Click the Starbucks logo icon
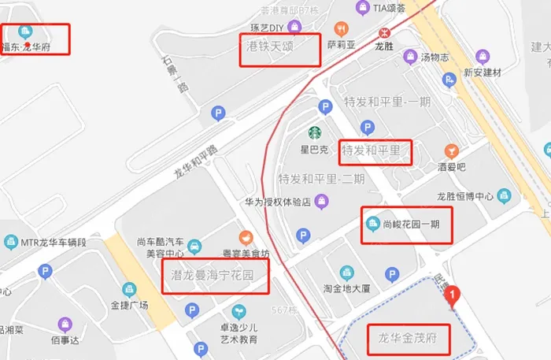314,133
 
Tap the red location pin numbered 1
453,296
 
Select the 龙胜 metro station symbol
384,32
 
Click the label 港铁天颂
270,46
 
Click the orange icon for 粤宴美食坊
246,236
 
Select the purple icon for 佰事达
65,324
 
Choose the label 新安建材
483,72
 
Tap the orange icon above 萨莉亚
341,27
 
